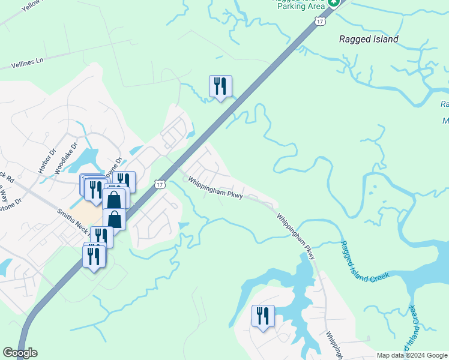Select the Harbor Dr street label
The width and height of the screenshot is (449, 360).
coord(47,163)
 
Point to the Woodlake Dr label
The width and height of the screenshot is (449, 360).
coord(67,158)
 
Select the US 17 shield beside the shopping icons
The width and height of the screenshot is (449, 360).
coord(159,184)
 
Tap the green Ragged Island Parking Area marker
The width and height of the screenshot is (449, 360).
coord(334,2)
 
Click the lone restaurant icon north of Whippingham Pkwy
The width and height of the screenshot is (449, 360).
coord(220,86)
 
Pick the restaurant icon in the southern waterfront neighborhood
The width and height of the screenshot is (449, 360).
coord(262,316)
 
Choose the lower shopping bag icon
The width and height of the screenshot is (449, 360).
coord(114,219)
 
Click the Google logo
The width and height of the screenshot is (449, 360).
coord(20,353)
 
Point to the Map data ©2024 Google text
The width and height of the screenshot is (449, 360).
coord(412,355)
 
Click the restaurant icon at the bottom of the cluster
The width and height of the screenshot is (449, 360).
coord(94,256)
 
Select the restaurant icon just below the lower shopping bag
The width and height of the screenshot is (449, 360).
coord(101,236)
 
